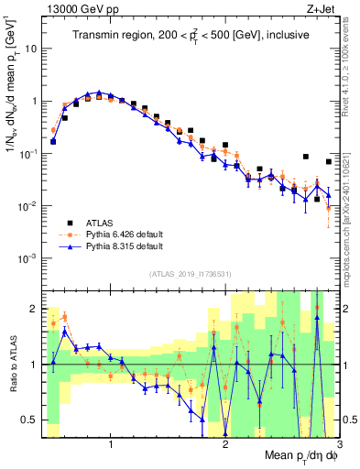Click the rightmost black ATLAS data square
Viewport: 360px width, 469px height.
pyautogui.click(x=329, y=162)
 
